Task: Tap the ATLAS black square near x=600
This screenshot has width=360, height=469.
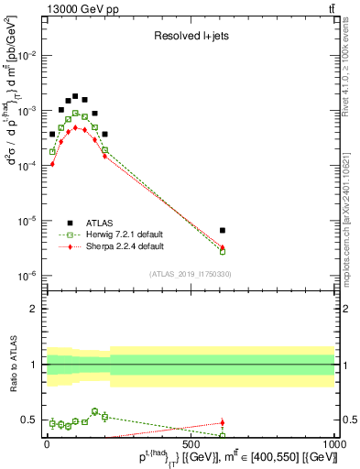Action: (x=223, y=230)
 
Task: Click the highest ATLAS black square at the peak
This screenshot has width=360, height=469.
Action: (x=75, y=95)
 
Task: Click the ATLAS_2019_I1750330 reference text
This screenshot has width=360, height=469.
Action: (x=190, y=274)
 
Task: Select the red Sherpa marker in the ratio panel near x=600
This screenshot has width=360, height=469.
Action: (x=223, y=423)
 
